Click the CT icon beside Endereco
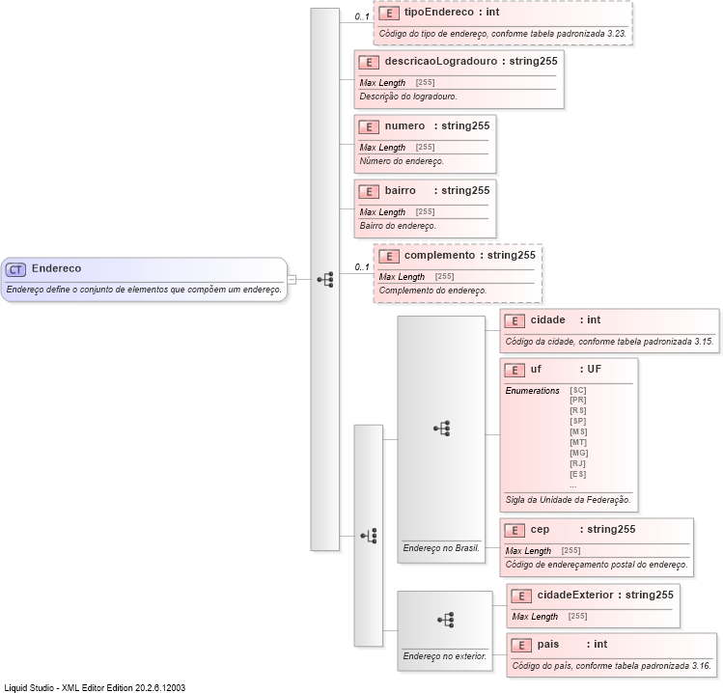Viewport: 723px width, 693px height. coord(15,269)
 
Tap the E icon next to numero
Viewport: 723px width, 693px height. coord(368,126)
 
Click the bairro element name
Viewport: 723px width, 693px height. coord(401,190)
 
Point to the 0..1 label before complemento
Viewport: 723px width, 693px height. coord(362,267)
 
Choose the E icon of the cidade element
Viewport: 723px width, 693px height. coord(514,320)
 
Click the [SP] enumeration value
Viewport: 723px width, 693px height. coord(578,421)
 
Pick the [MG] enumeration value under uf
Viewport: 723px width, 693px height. coord(578,453)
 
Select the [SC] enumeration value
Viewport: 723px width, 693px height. coord(578,390)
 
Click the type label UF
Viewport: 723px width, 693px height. coord(594,369)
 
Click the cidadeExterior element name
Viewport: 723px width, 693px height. coord(574,595)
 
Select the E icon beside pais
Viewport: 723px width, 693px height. coord(520,645)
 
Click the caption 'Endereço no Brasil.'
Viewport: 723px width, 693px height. coord(441,548)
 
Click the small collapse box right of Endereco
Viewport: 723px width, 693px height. coord(292,280)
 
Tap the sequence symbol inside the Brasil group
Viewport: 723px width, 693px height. coord(442,428)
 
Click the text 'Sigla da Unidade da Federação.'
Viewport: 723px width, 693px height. coord(568,500)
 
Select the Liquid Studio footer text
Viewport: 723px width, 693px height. coord(95,687)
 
